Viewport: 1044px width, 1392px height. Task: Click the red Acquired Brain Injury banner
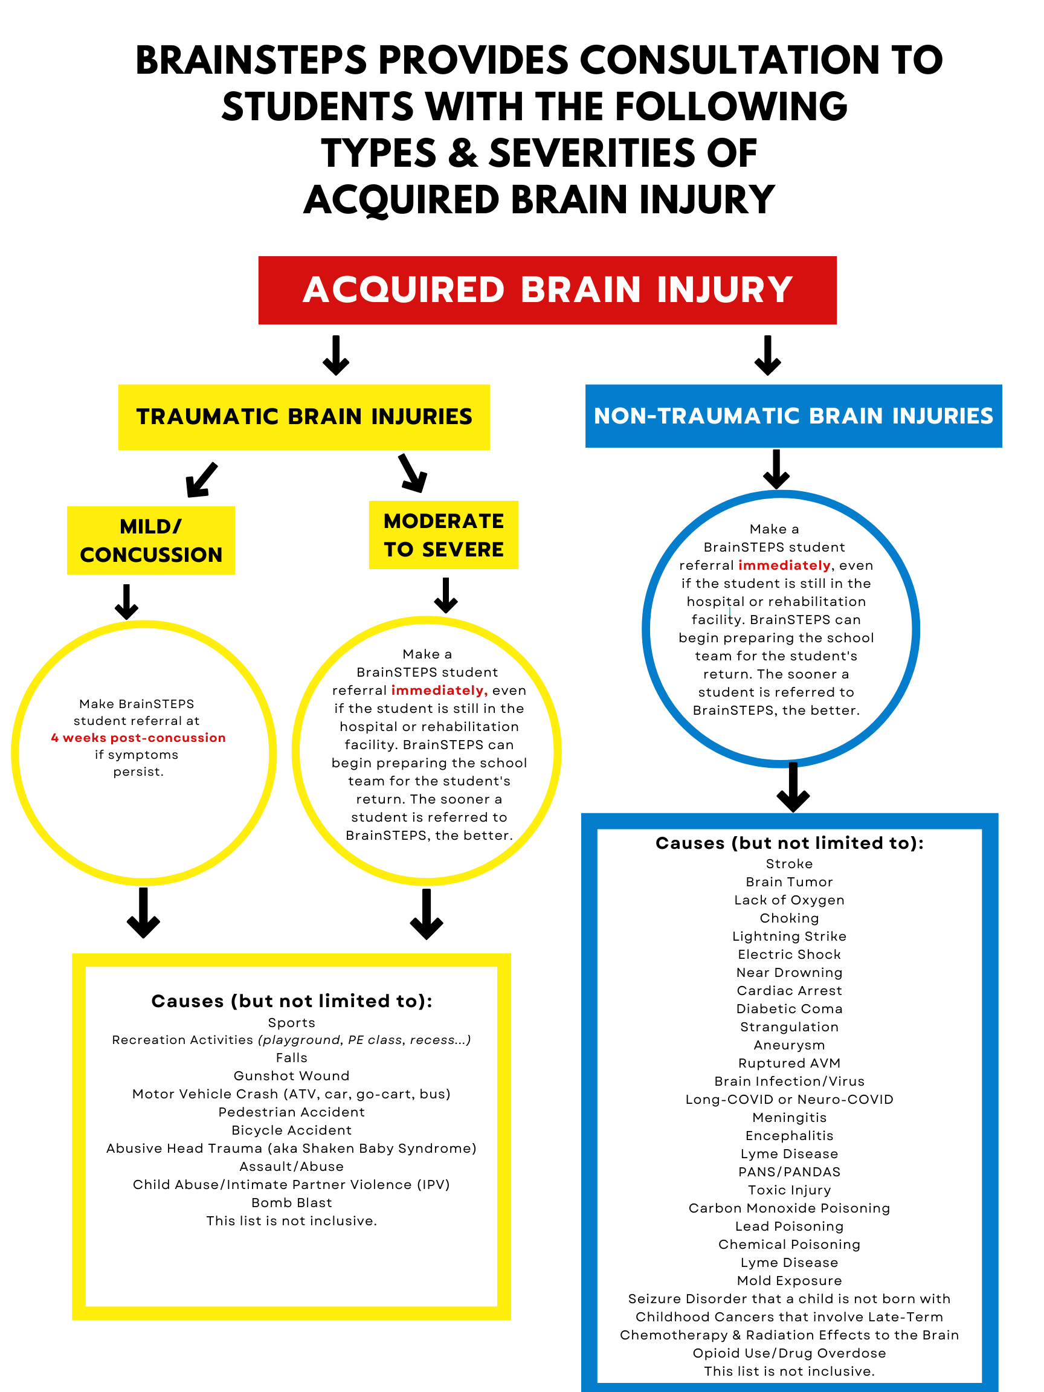546,290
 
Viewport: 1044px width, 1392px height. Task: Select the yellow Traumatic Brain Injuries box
304,417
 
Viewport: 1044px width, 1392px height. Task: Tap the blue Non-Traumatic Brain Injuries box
793,416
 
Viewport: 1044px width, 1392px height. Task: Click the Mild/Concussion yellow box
151,540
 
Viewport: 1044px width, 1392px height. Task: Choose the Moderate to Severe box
443,535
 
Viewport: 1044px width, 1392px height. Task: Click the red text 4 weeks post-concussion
138,738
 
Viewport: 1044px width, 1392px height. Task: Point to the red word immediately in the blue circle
784,565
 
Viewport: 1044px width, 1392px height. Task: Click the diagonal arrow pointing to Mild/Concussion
201,480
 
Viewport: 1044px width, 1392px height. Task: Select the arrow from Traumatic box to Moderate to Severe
413,473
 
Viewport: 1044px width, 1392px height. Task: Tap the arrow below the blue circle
793,787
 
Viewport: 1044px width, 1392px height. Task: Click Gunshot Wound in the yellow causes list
291,1075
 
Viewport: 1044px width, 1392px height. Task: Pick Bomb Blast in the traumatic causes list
291,1202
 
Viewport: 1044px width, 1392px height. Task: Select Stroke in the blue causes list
789,864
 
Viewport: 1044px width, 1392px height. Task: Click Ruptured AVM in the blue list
789,1063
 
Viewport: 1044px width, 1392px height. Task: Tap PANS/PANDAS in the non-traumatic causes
789,1171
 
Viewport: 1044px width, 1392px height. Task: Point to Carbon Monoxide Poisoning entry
789,1208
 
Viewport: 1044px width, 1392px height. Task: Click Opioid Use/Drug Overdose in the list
789,1353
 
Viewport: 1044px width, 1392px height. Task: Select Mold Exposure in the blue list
789,1281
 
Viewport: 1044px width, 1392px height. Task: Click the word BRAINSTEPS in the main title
251,61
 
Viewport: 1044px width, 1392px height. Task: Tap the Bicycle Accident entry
291,1130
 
